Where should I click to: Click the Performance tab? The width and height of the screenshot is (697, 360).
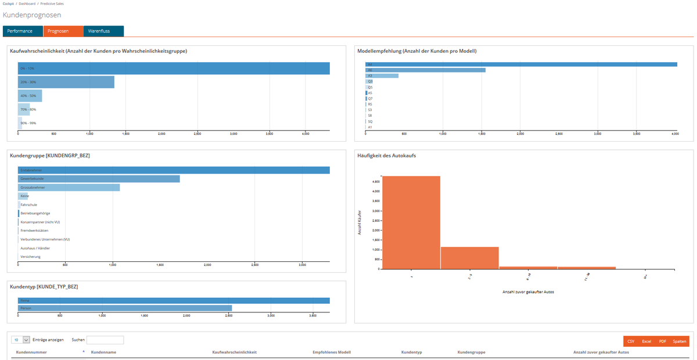coord(20,31)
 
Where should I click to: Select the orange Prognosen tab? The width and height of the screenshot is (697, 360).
coord(58,31)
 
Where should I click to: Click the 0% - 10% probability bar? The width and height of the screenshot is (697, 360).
coord(174,68)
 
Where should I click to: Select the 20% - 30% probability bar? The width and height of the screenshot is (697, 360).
coord(66,82)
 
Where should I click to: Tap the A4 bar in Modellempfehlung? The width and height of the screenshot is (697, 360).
coord(521,64)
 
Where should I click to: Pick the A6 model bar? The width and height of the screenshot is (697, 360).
coord(425,70)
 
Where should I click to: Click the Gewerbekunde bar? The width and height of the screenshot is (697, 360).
coord(99,179)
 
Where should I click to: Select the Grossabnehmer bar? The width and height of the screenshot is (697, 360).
coord(69,188)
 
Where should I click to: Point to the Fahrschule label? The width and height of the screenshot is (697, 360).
coord(28,205)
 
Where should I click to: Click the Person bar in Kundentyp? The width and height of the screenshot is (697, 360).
coord(125,308)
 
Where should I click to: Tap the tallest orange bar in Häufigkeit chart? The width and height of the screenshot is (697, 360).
coord(411,222)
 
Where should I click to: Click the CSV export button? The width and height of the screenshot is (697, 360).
coord(631,341)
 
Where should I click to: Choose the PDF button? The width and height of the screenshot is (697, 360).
coord(662,341)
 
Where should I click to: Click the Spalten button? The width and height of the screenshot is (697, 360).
coord(679,341)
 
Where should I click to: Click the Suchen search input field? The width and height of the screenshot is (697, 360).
coord(105,340)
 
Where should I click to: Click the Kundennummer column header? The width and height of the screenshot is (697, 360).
coord(31,352)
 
